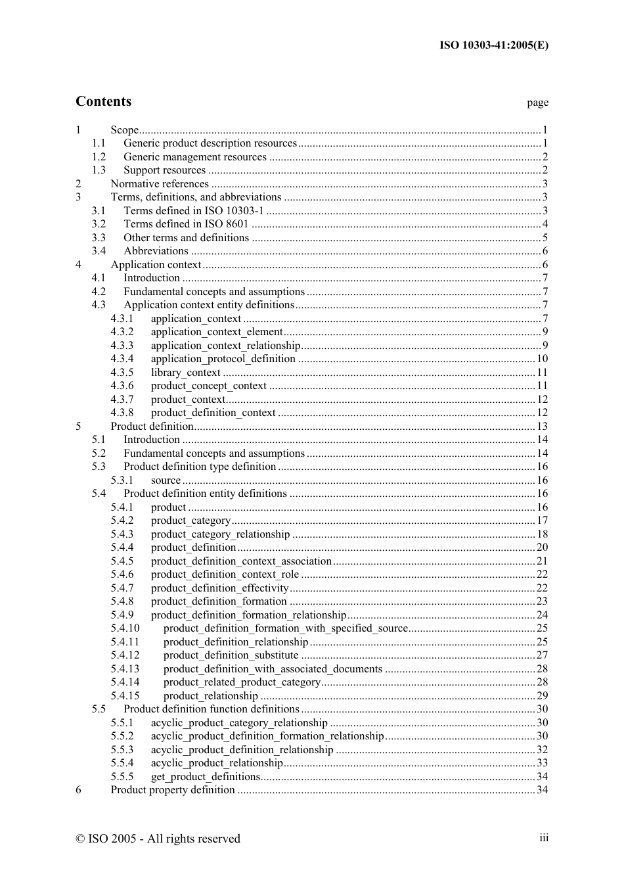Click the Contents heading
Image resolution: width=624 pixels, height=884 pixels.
pos(103,101)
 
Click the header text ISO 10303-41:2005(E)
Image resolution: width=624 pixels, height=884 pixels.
pos(493,45)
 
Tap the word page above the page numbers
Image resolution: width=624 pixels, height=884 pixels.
pos(537,103)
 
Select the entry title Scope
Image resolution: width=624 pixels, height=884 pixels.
pos(124,130)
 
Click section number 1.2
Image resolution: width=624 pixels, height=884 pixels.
pos(99,157)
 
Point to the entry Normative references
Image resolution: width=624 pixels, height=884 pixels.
pos(160,184)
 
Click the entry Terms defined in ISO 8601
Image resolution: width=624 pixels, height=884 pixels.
pos(186,224)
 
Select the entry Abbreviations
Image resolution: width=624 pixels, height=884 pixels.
pos(156,251)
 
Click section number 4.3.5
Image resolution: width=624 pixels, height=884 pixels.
pos(122,373)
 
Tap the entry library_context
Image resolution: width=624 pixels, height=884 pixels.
pos(185,373)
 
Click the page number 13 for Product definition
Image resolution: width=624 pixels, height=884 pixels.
pos(542,427)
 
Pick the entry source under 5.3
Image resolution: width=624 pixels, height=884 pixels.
pos(166,480)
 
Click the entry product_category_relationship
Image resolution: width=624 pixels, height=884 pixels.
pos(220,534)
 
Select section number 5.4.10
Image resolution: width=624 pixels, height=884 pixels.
pos(125,628)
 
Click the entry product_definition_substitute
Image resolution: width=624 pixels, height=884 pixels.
pos(231,655)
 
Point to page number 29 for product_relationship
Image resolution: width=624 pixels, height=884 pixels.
pos(542,696)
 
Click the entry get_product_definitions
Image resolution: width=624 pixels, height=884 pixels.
pos(205,777)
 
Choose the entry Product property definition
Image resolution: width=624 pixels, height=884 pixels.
pos(172,790)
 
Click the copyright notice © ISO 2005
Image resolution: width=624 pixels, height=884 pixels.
pos(158,839)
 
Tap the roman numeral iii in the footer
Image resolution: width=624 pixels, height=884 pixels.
pos(544,837)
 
